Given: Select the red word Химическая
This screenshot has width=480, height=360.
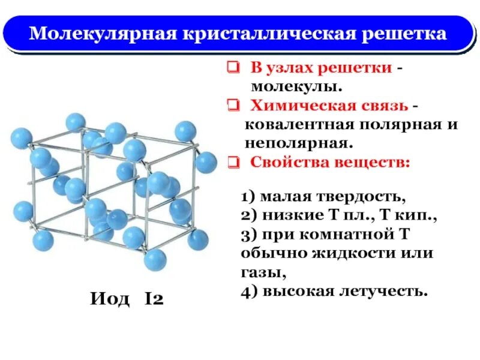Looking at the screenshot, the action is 294,106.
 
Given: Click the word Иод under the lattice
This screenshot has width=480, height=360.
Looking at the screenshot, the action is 110,298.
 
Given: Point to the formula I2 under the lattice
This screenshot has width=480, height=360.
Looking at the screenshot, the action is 154,298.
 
